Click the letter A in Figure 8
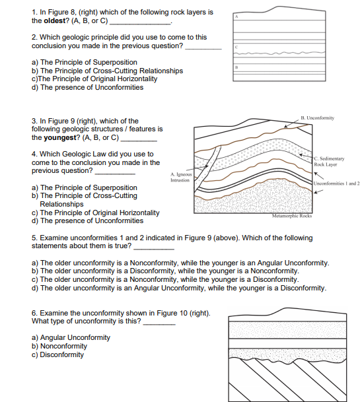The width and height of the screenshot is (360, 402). coord(236,17)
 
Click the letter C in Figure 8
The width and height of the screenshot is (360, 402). coord(236,47)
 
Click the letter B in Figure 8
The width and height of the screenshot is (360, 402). coord(236,67)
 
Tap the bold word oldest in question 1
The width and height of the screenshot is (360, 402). coord(55,20)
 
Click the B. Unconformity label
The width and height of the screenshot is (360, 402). coord(318,118)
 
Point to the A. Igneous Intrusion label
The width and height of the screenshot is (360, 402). coord(181,177)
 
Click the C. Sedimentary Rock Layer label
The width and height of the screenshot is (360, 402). coord(329,162)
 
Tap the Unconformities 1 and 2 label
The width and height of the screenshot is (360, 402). coord(336,184)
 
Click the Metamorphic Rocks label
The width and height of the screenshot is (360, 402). coord(292,216)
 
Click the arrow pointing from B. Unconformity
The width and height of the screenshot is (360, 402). coord(292,123)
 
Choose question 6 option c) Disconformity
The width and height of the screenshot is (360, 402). coord(57,354)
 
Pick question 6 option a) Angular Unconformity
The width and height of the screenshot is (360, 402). coord(71,338)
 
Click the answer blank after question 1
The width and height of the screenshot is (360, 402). coord(140,24)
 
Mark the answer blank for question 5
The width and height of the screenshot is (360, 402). coord(154,249)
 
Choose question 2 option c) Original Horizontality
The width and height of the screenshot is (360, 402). coord(94,79)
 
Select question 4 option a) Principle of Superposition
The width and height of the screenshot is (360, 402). coord(85,187)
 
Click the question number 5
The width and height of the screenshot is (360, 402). coord(34,238)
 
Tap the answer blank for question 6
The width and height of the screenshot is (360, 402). coord(159,324)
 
